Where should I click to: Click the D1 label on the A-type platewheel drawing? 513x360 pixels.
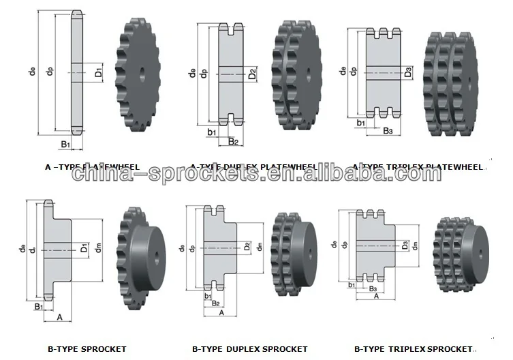99,71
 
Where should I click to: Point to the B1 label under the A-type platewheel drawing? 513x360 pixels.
65,145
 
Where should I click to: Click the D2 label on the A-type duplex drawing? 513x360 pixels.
252,73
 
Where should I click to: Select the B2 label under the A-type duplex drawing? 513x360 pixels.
233,141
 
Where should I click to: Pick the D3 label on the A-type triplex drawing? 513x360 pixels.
407,71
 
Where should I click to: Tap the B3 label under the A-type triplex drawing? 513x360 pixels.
388,130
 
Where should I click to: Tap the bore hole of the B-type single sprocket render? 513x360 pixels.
159,255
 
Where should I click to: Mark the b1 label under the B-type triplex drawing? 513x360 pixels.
351,286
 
